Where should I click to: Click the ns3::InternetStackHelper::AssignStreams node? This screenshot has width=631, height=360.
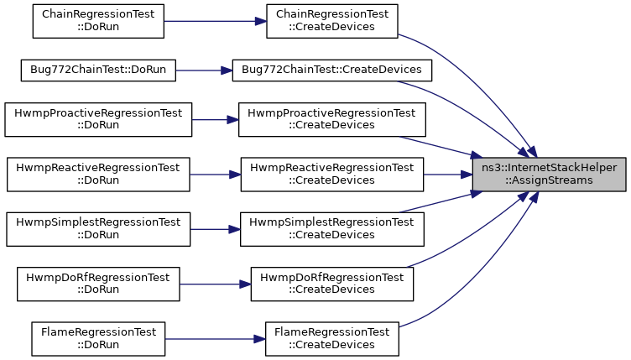(550, 175)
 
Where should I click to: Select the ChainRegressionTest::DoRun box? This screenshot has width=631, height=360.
(98, 21)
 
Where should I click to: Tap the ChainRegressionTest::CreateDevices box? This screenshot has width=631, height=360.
(332, 21)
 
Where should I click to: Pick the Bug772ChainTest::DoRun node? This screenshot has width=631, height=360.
(98, 70)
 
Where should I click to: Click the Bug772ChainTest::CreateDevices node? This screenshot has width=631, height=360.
(332, 70)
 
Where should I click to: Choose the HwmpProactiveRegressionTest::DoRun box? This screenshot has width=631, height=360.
(98, 119)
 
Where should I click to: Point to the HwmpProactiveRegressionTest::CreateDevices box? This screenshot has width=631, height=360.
(332, 119)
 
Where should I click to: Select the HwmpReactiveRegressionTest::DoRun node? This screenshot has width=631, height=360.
(98, 175)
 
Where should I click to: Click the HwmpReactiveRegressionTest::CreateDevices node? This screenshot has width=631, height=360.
(332, 175)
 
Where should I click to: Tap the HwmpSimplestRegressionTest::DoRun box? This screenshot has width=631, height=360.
(98, 229)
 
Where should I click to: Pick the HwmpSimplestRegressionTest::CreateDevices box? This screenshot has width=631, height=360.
(332, 229)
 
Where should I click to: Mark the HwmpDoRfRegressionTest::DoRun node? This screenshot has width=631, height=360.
(98, 284)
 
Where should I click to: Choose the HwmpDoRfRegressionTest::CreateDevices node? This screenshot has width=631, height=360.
(332, 284)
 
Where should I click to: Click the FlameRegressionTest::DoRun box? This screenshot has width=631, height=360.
(98, 339)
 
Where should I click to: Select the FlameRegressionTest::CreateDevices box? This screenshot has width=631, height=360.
(332, 339)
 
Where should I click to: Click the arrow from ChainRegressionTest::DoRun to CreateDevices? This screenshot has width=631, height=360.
(216, 21)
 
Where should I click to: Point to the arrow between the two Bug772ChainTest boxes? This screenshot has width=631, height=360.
(204, 70)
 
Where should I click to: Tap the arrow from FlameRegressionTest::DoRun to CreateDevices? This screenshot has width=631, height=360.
(215, 339)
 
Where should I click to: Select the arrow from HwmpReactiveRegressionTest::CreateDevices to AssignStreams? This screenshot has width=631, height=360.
(448, 175)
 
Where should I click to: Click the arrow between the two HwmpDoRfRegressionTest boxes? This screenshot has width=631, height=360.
(216, 284)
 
